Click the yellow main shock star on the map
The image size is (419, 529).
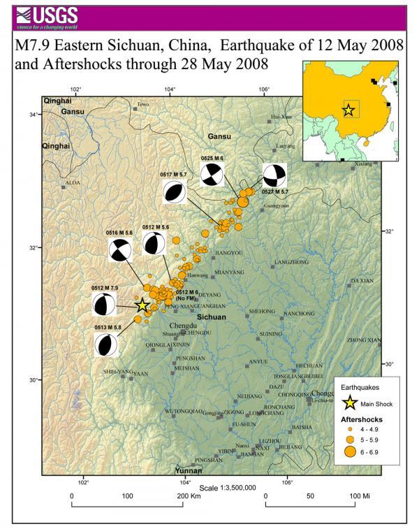click(142, 305)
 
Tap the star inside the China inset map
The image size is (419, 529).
click(348, 110)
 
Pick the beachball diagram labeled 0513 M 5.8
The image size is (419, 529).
click(107, 344)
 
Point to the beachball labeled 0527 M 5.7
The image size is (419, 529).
click(274, 175)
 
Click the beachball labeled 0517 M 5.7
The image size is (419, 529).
click(175, 192)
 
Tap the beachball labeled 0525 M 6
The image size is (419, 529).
click(212, 174)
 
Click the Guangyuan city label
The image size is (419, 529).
click(277, 208)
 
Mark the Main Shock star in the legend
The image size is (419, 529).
click(348, 403)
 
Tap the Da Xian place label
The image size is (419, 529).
click(362, 280)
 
